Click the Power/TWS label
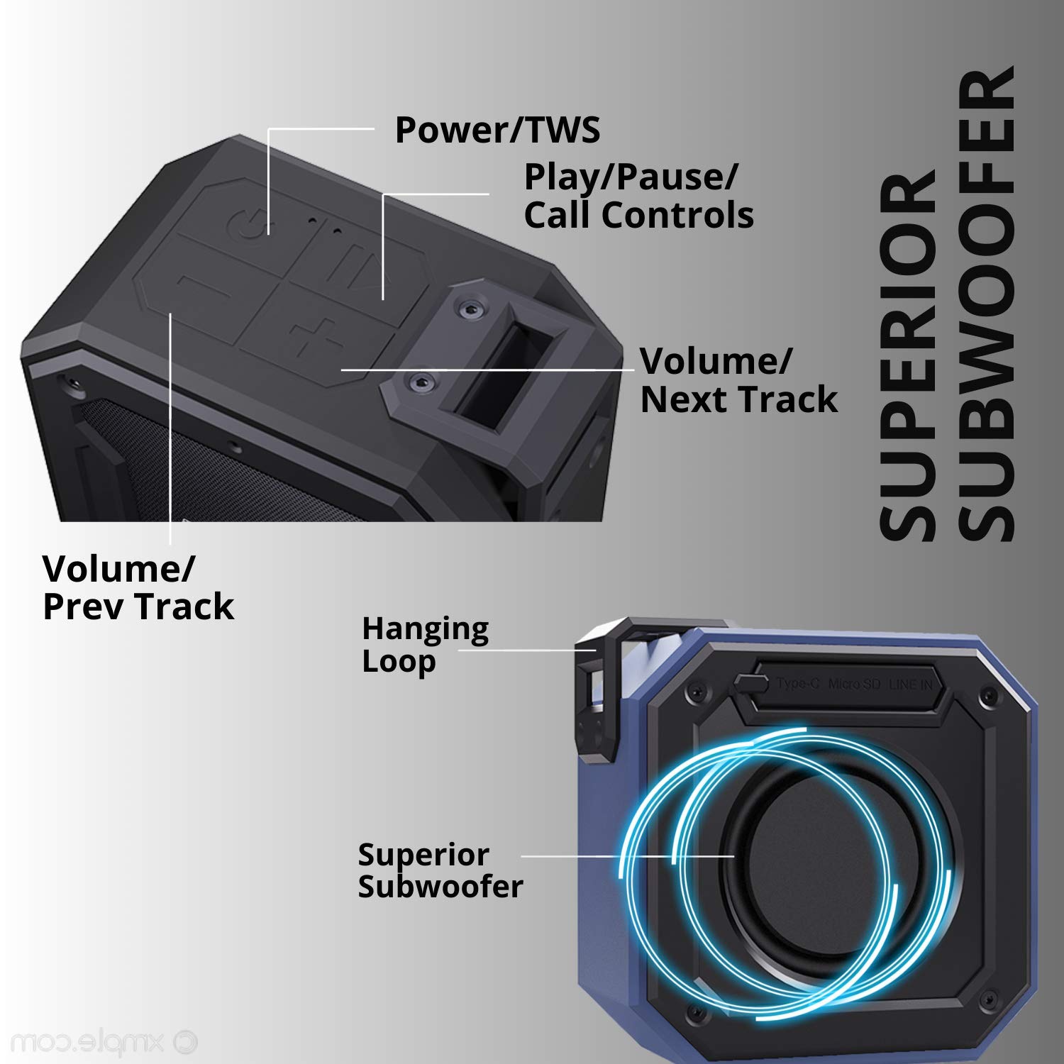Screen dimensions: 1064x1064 pos(497,130)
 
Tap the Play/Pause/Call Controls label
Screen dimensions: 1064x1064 pos(638,196)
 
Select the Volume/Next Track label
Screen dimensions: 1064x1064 pos(738,380)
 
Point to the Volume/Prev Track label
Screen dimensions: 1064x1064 pos(138,587)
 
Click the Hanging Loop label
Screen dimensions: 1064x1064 pos(425,644)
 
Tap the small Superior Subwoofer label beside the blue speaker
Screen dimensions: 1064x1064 pos(440,870)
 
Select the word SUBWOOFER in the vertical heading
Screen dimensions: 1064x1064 pos(987,305)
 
